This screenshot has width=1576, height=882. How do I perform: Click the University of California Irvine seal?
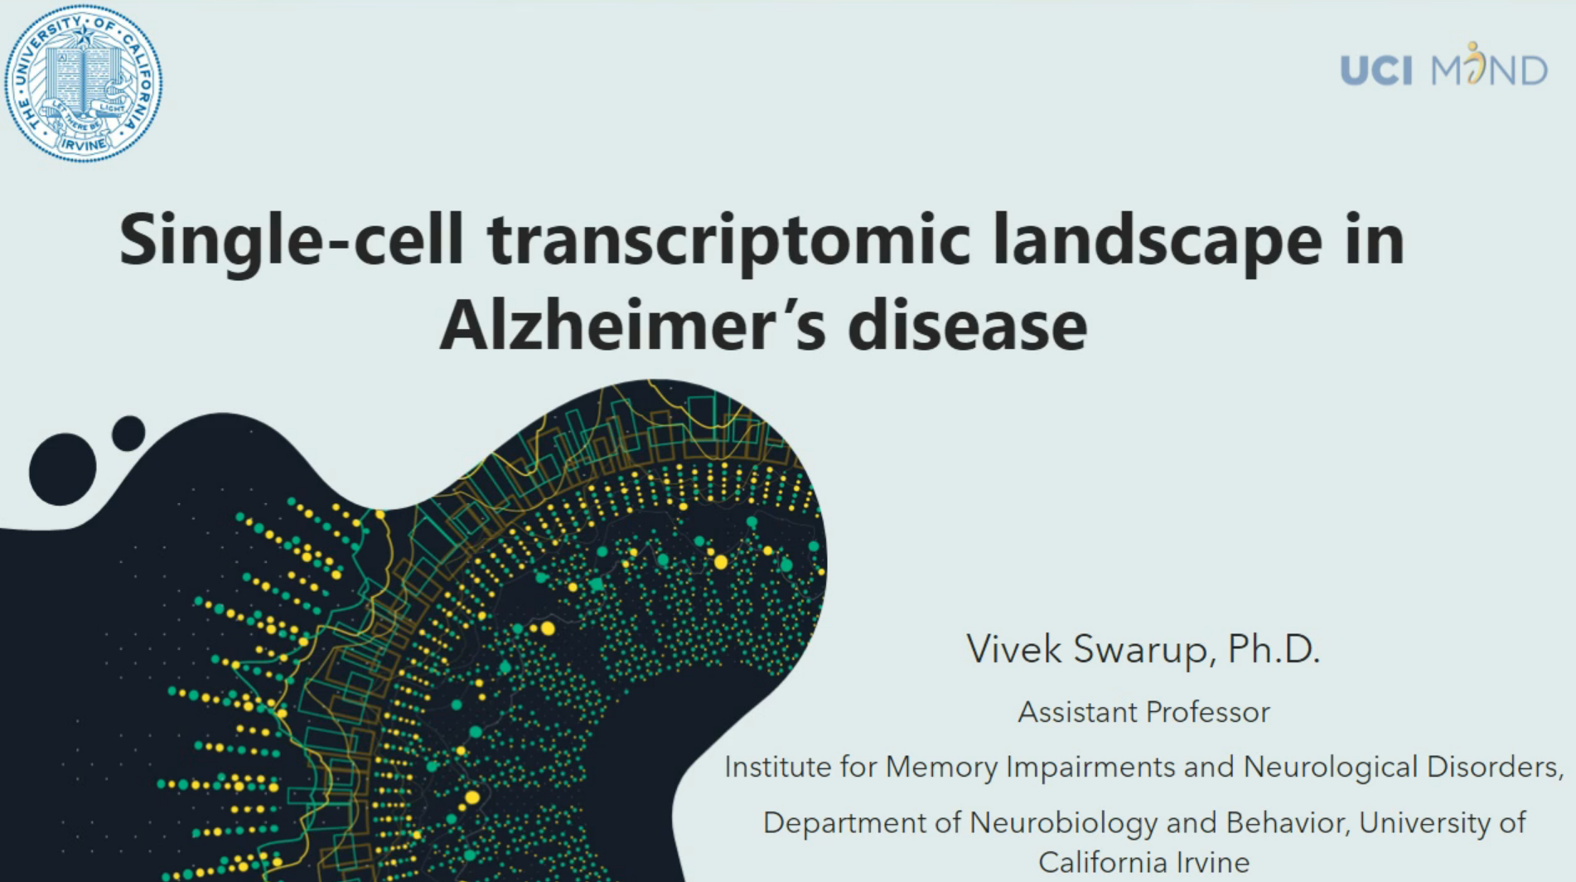pyautogui.click(x=83, y=83)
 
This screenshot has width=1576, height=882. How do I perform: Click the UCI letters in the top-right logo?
pyautogui.click(x=1375, y=70)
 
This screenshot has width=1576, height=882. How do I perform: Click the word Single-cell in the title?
pyautogui.click(x=290, y=240)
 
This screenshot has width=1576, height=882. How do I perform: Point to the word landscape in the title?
pyautogui.click(x=1157, y=240)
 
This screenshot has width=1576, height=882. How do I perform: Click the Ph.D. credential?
pyautogui.click(x=1273, y=649)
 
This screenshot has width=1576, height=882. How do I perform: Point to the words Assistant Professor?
pyautogui.click(x=1143, y=712)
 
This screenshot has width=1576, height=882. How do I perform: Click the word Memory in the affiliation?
pyautogui.click(x=941, y=767)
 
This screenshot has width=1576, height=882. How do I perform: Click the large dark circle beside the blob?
pyautogui.click(x=63, y=469)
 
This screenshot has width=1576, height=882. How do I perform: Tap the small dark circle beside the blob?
pyautogui.click(x=128, y=434)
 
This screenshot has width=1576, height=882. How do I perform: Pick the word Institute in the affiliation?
pyautogui.click(x=777, y=767)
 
